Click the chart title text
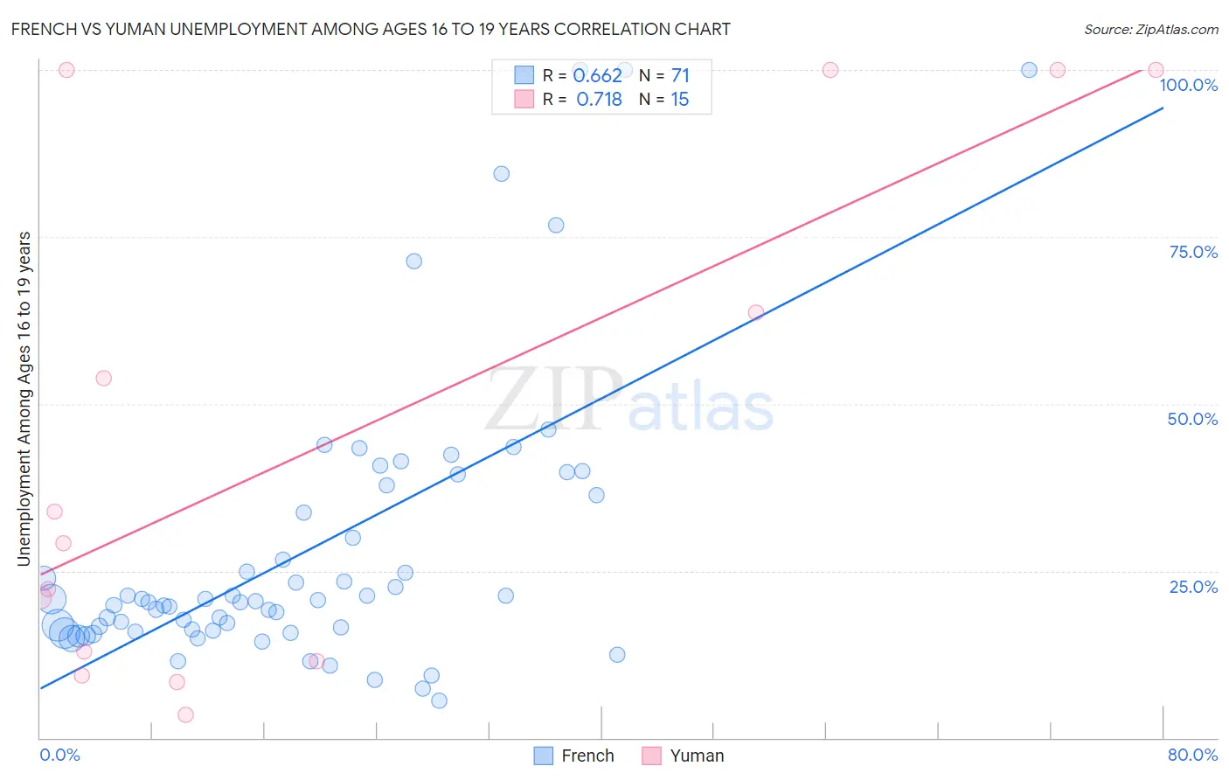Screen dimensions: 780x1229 [371, 29]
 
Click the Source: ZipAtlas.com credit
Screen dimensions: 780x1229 [1150, 29]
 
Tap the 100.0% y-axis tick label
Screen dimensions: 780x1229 [1188, 85]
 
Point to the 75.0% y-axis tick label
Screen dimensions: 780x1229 [1192, 252]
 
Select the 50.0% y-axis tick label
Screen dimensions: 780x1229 [1192, 419]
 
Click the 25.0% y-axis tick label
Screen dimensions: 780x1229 [1192, 587]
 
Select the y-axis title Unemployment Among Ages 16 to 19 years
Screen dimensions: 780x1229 [24, 399]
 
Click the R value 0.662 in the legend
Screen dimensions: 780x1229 [598, 76]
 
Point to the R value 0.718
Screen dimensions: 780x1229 [599, 100]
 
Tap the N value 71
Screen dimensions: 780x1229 [680, 76]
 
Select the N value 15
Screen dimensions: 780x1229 [679, 100]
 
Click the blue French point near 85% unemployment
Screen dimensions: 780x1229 [501, 174]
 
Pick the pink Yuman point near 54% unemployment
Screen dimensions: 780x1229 [103, 379]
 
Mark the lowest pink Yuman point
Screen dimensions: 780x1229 [185, 715]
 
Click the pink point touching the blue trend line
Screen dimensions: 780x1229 [756, 312]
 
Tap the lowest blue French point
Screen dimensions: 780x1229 [439, 700]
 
